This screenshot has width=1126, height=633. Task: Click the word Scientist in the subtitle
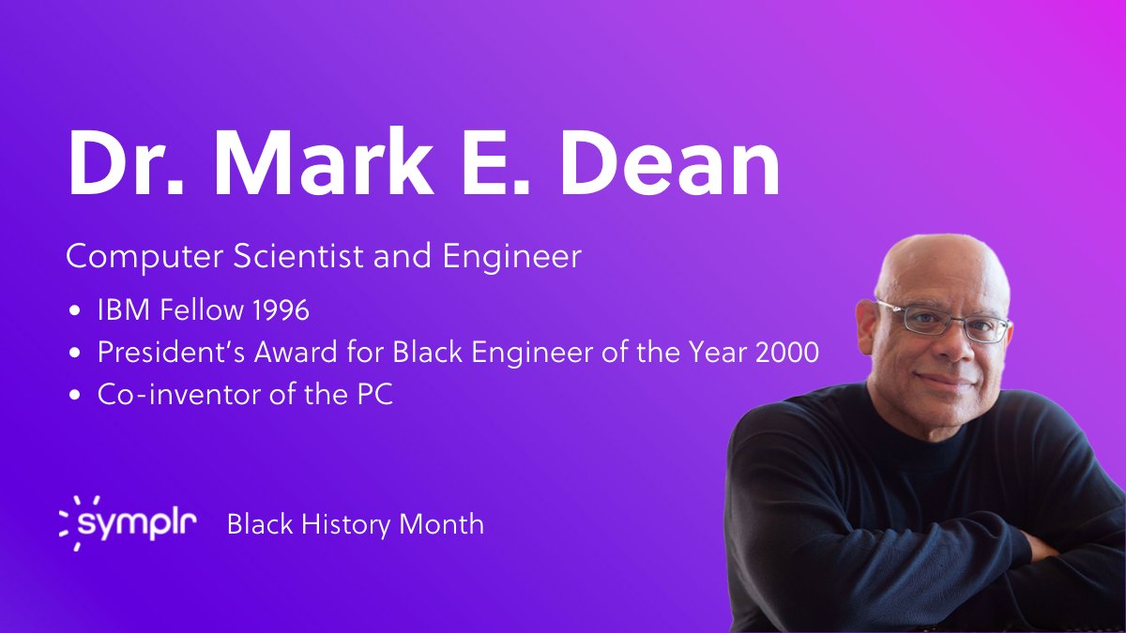click(288, 256)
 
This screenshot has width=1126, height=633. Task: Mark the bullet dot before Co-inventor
click(75, 396)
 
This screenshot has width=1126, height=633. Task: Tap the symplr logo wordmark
click(137, 523)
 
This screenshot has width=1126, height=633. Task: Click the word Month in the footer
click(441, 523)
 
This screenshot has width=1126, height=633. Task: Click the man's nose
click(942, 347)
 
